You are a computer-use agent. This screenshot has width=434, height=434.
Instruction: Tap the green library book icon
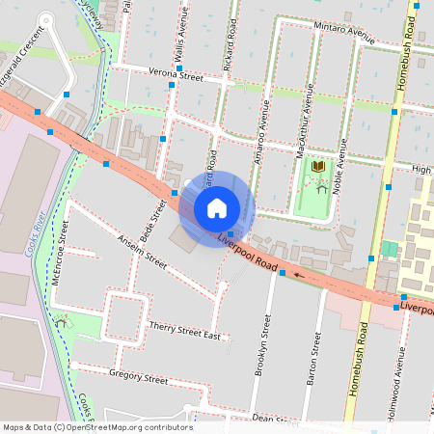317,169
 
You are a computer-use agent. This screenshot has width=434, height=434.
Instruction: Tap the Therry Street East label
185,331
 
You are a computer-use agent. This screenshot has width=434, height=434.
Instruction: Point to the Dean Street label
266,419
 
